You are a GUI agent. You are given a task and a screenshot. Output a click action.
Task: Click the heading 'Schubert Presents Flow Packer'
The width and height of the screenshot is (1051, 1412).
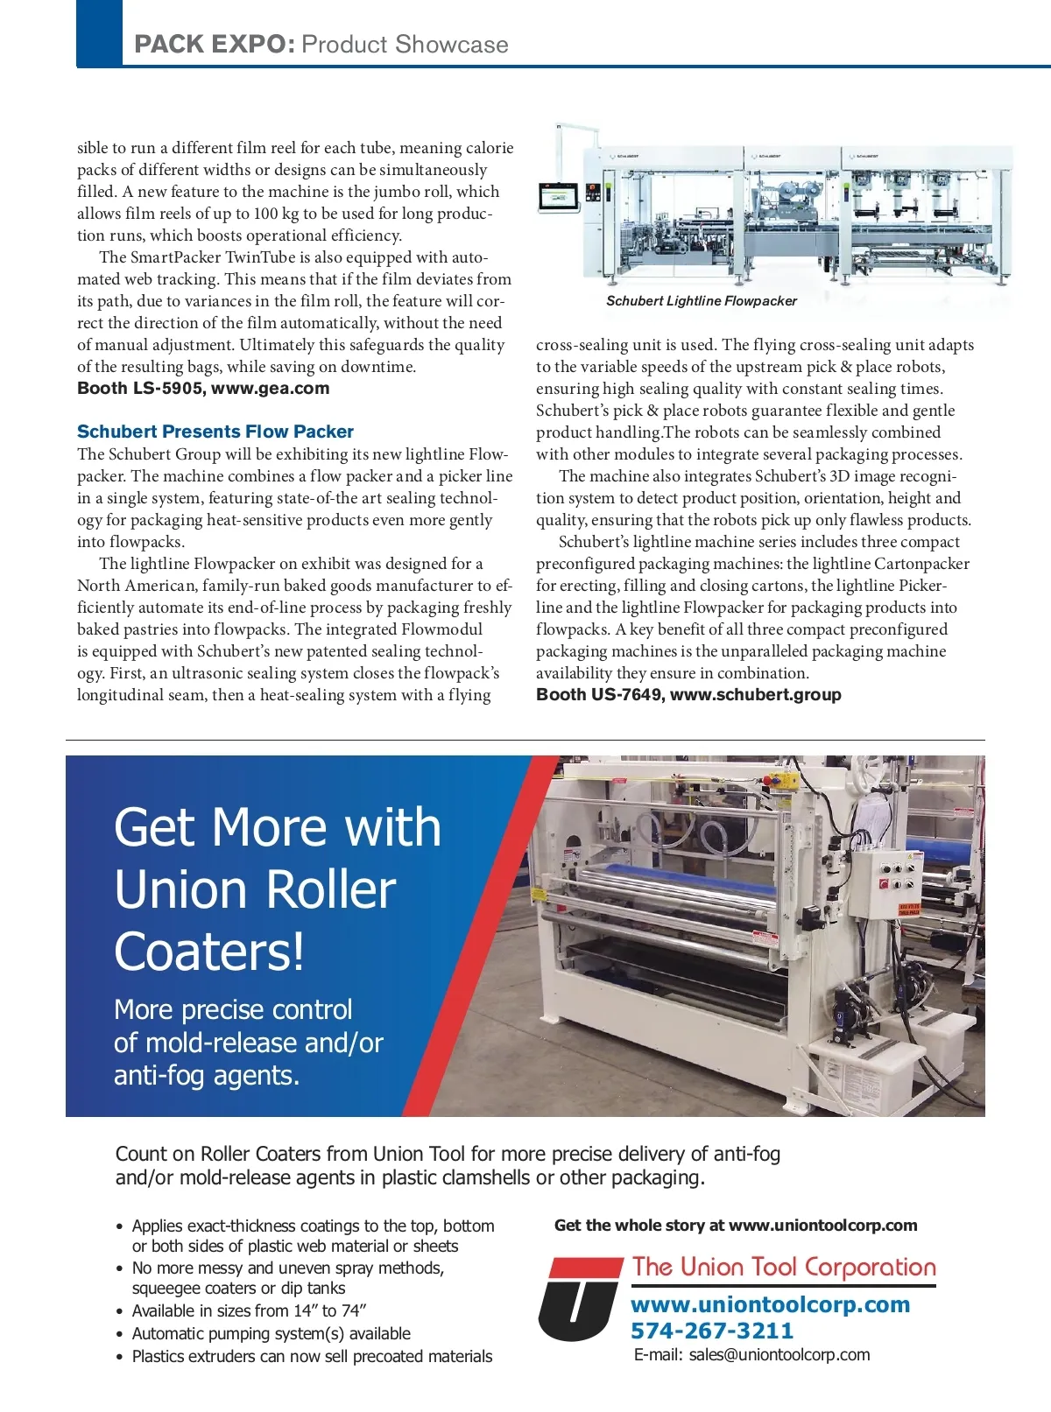(x=215, y=432)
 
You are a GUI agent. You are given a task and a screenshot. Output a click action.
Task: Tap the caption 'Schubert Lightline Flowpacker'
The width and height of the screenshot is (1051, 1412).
(x=702, y=301)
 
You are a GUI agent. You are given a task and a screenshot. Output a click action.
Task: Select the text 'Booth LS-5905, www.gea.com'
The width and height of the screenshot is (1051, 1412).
(x=203, y=388)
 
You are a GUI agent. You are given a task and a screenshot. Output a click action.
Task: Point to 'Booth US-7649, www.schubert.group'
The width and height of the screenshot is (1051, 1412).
(x=688, y=694)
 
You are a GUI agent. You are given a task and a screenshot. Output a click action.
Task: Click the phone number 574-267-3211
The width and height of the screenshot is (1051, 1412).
(x=712, y=1331)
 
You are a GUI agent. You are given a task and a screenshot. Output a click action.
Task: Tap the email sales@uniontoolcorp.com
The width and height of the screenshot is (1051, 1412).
(x=752, y=1354)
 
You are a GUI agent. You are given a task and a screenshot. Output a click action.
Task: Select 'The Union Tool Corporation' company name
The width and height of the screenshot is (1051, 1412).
(x=784, y=1267)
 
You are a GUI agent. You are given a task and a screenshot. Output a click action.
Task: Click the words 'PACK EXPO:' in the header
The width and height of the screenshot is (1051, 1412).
(x=215, y=45)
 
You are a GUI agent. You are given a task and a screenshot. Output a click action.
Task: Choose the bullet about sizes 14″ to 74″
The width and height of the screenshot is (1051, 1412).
(x=249, y=1310)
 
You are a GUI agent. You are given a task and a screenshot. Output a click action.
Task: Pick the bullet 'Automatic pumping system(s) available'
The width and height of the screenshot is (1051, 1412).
(x=271, y=1333)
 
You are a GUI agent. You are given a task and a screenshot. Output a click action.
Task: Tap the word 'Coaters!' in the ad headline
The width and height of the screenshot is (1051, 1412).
(x=209, y=952)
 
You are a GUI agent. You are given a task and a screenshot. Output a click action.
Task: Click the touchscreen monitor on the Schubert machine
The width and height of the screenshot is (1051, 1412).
(x=561, y=196)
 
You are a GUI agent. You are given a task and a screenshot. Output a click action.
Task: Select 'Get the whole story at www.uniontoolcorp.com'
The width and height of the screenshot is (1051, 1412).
(x=736, y=1226)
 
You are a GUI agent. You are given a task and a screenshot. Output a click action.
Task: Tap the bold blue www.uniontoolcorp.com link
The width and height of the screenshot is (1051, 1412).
(x=770, y=1304)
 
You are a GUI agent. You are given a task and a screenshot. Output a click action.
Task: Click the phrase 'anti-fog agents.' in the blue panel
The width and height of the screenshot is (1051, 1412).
(x=207, y=1075)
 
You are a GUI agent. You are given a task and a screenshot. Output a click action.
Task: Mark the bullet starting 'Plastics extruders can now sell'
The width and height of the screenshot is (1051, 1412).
(x=312, y=1356)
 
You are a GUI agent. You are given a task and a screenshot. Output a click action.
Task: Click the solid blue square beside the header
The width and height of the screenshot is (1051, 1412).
(x=99, y=33)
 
